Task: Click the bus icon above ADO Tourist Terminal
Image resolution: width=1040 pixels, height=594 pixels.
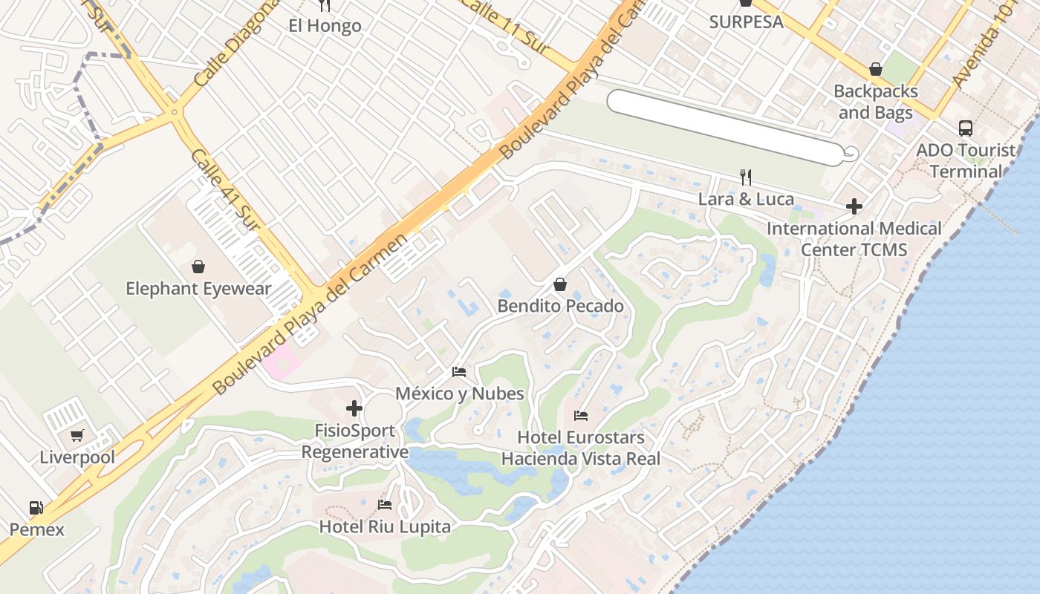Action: tap(965, 128)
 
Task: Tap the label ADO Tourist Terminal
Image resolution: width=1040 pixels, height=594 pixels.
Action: tap(965, 160)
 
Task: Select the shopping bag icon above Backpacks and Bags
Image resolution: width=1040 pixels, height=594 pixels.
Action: tap(876, 69)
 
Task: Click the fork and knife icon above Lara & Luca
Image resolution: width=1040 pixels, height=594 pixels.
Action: tap(746, 177)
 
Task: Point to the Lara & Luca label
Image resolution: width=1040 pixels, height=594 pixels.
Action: tap(746, 199)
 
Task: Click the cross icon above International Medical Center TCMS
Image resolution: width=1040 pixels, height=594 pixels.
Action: tap(854, 206)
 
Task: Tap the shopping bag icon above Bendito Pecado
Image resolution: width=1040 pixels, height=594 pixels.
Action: tap(560, 284)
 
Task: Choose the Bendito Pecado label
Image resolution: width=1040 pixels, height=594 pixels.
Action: tap(560, 306)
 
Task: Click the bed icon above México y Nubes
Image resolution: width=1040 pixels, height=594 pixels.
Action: tap(459, 371)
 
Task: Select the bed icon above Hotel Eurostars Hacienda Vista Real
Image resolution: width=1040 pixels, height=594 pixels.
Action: tap(581, 415)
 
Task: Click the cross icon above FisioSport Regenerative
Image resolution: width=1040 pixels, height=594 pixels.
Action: tap(354, 408)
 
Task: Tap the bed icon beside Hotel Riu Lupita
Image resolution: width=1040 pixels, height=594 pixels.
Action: tap(385, 505)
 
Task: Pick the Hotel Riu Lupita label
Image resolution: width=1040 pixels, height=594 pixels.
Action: tap(385, 527)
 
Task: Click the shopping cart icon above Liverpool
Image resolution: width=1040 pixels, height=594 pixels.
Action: tap(77, 435)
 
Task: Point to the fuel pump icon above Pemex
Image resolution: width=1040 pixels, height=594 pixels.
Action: tap(36, 508)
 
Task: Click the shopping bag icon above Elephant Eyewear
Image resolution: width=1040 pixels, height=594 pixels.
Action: tap(198, 267)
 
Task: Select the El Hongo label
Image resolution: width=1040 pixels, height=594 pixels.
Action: tap(325, 26)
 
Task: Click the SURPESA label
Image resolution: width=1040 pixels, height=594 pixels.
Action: tap(746, 22)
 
